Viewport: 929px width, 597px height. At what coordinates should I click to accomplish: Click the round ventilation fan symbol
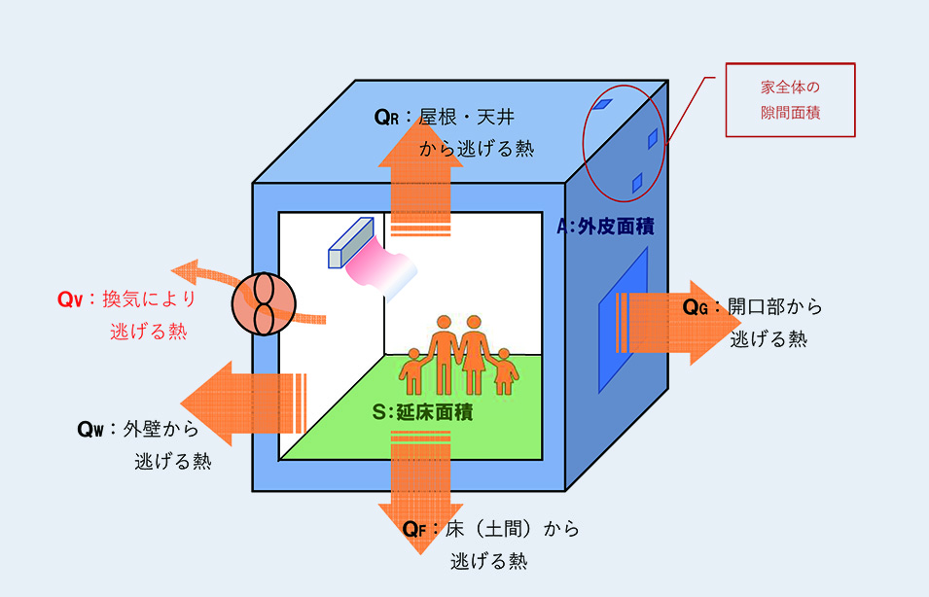pos(263,304)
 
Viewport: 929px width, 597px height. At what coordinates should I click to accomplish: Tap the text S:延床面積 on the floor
pos(422,412)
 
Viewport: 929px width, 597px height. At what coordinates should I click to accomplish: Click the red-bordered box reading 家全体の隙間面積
pos(790,99)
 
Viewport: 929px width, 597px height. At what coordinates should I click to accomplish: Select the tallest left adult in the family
pos(444,350)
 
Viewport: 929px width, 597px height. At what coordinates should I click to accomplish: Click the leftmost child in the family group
pos(412,370)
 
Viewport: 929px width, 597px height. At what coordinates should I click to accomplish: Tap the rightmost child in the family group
pos(504,370)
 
